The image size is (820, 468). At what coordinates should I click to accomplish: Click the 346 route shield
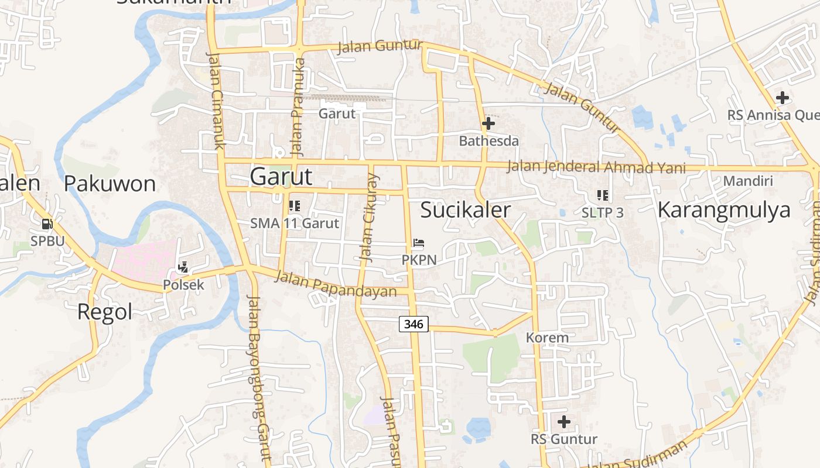tap(414, 324)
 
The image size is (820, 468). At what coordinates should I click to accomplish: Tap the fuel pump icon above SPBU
tap(47, 223)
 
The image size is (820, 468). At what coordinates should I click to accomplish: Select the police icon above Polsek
tap(183, 267)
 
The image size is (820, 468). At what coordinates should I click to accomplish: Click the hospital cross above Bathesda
tap(488, 123)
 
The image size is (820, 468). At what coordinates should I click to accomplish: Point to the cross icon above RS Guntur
tap(564, 421)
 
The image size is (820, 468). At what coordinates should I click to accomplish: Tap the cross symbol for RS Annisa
tap(782, 98)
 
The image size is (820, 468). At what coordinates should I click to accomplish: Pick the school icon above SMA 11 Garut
tap(294, 206)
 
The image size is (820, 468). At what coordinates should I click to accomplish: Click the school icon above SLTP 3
tap(602, 195)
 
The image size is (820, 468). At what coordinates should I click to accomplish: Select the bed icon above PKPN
tap(418, 243)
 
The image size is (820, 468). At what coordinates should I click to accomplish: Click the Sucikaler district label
tap(466, 209)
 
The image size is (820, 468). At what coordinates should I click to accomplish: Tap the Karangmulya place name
tap(724, 209)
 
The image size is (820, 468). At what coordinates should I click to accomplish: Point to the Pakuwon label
tap(110, 184)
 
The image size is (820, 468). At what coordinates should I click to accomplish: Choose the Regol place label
tap(105, 312)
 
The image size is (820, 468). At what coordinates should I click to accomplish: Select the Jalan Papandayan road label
tap(336, 284)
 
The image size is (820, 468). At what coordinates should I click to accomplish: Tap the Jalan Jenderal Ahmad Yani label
tap(596, 167)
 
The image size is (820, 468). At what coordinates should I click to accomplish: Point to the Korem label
tap(547, 338)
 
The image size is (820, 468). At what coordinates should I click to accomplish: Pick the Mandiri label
tap(748, 181)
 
